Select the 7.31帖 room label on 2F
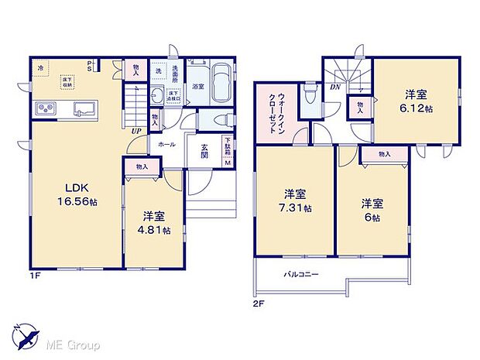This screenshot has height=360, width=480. [x=297, y=201]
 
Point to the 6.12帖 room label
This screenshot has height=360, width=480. [x=416, y=101]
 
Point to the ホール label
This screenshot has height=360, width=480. [x=166, y=145]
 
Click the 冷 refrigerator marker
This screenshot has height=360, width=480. [x=39, y=67]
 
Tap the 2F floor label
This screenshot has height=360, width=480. [x=259, y=303]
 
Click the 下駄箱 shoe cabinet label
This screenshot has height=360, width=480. [x=228, y=149]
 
